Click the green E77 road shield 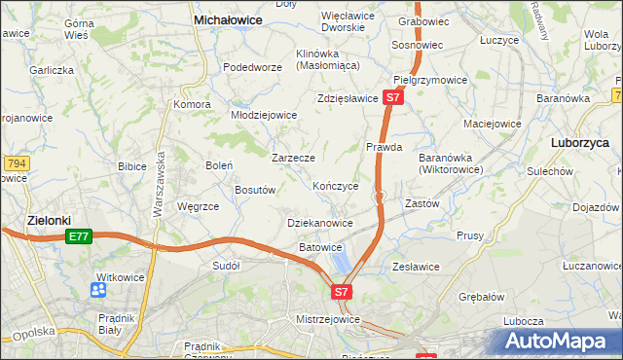(x=79, y=235)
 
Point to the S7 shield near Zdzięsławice (x=392, y=97)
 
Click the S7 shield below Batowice (x=341, y=291)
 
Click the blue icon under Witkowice (x=98, y=290)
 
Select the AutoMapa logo (x=558, y=342)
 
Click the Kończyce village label (x=336, y=185)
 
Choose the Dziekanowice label (x=320, y=223)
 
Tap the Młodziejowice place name (x=263, y=114)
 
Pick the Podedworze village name (x=252, y=67)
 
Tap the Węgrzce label (x=198, y=206)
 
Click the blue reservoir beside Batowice (x=340, y=260)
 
